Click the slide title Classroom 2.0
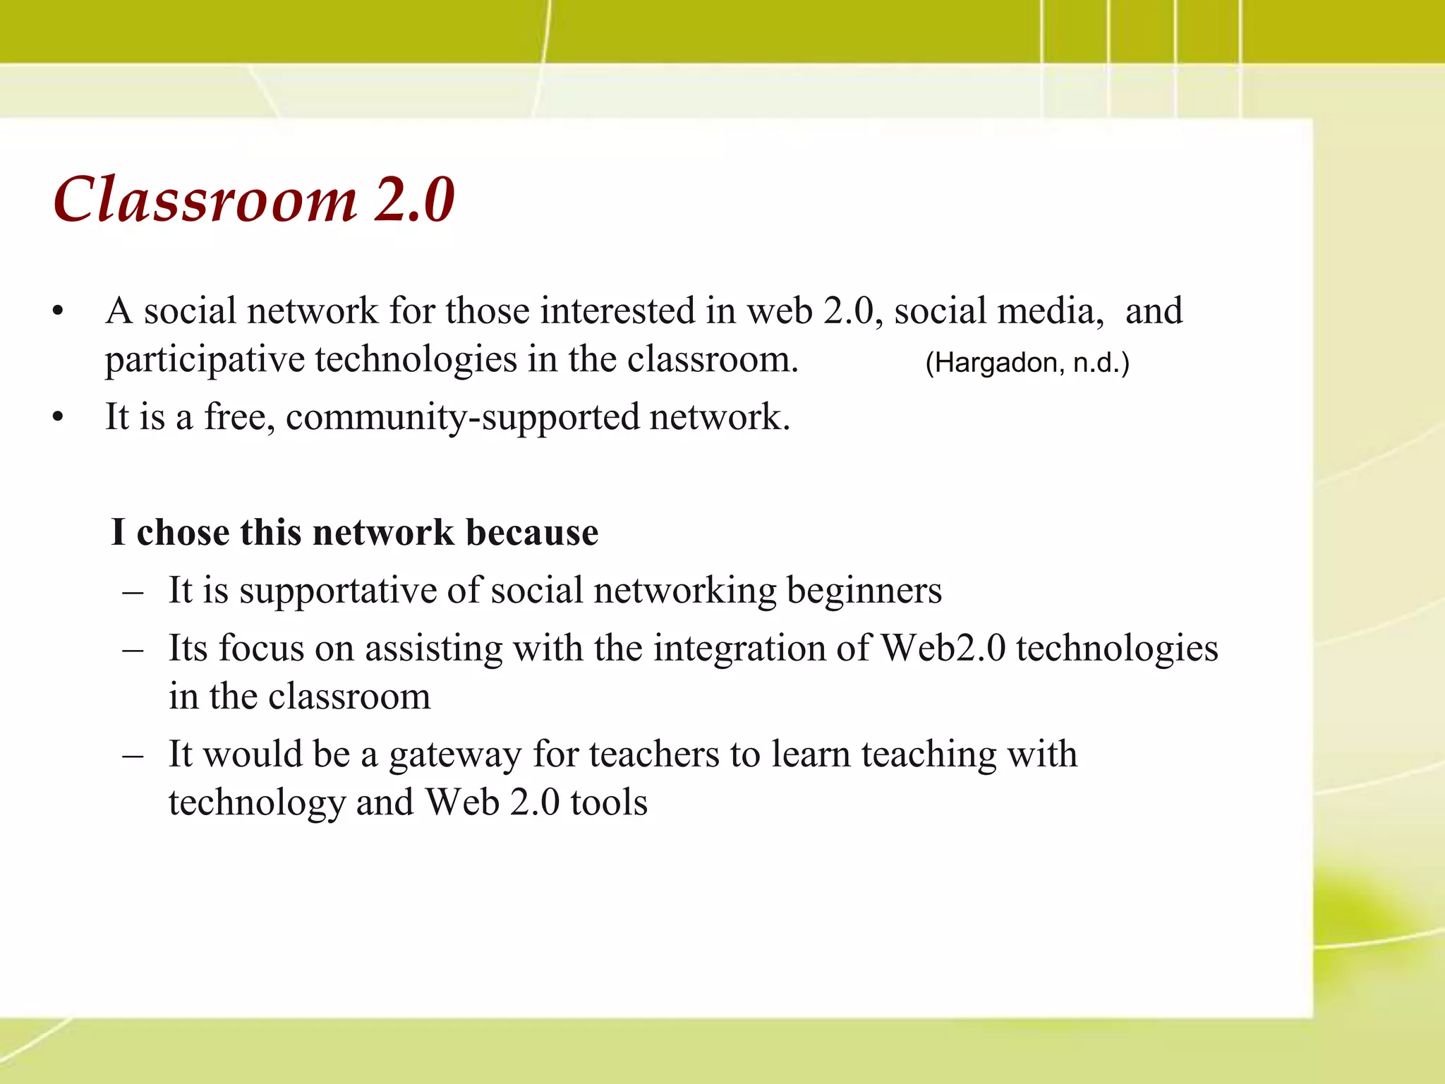coord(254,200)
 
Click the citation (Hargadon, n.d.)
coord(1027,363)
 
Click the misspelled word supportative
coord(337,591)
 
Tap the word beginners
coord(864,591)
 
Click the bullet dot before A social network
coord(59,311)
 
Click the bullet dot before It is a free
coord(59,417)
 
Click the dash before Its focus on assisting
coord(133,649)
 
